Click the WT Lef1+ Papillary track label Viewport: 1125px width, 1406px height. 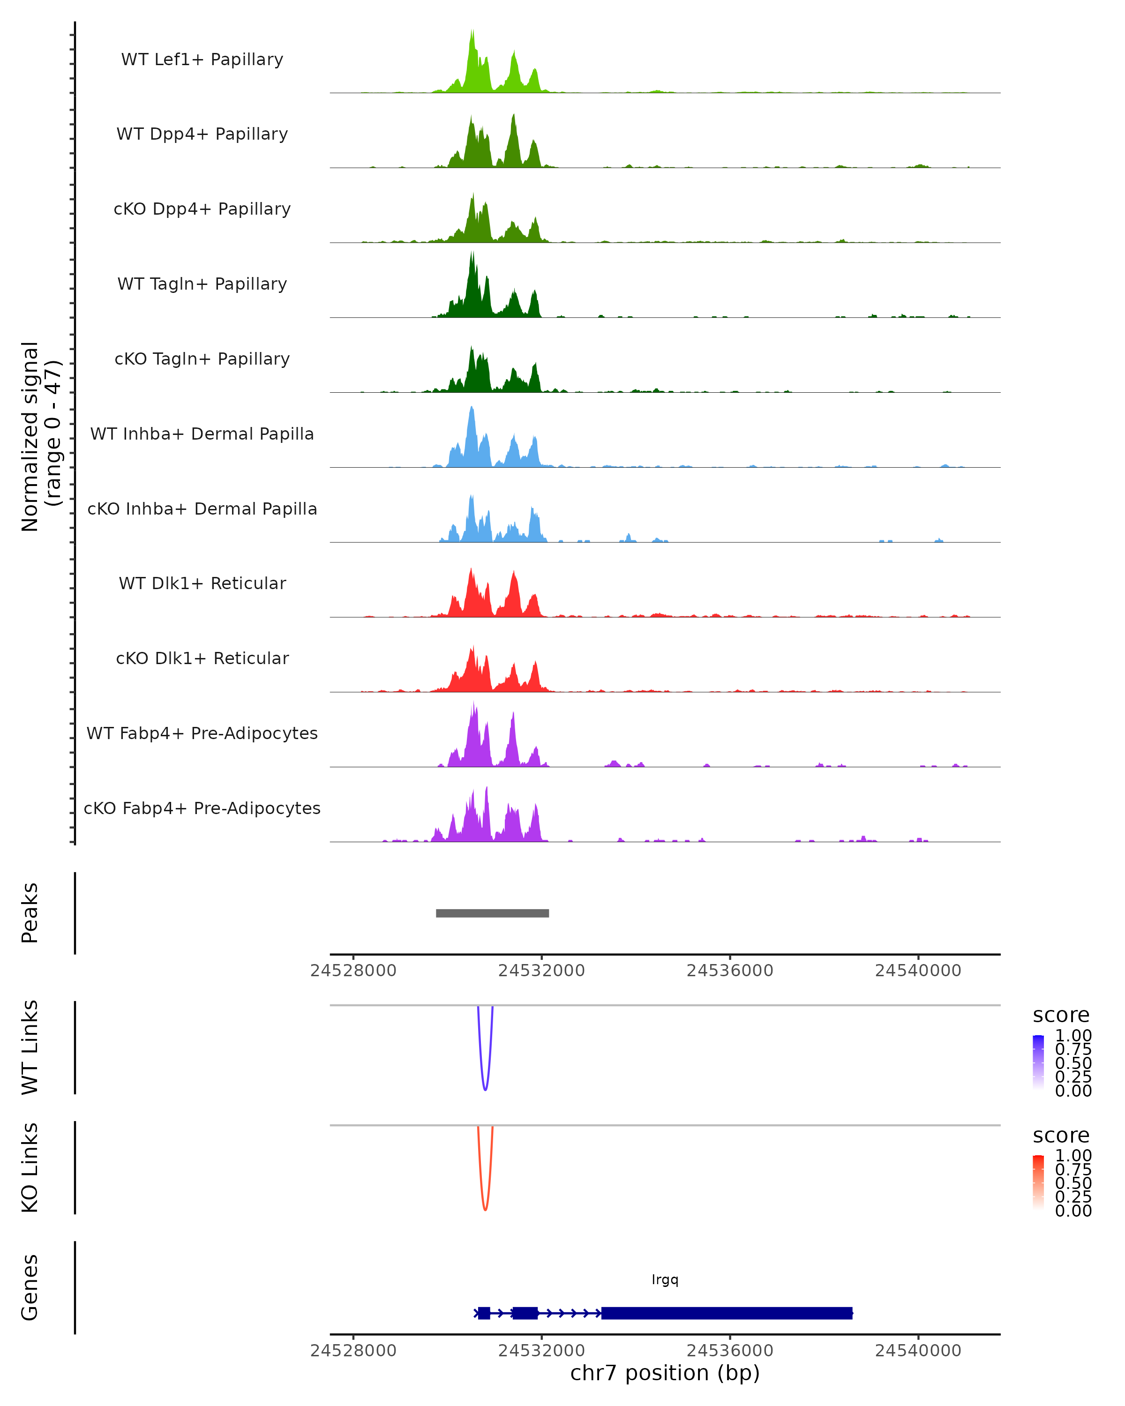[202, 60]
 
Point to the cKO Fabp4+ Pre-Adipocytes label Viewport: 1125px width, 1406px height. [202, 808]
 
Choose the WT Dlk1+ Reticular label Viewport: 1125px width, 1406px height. [202, 583]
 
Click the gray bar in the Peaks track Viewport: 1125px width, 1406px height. [492, 913]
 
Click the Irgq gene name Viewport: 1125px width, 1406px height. [665, 1279]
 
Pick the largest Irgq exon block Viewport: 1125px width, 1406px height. [727, 1313]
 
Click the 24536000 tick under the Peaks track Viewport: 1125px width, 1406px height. [730, 971]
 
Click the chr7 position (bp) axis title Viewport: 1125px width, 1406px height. [665, 1373]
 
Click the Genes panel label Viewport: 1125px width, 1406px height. [30, 1287]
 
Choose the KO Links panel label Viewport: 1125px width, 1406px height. [30, 1167]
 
